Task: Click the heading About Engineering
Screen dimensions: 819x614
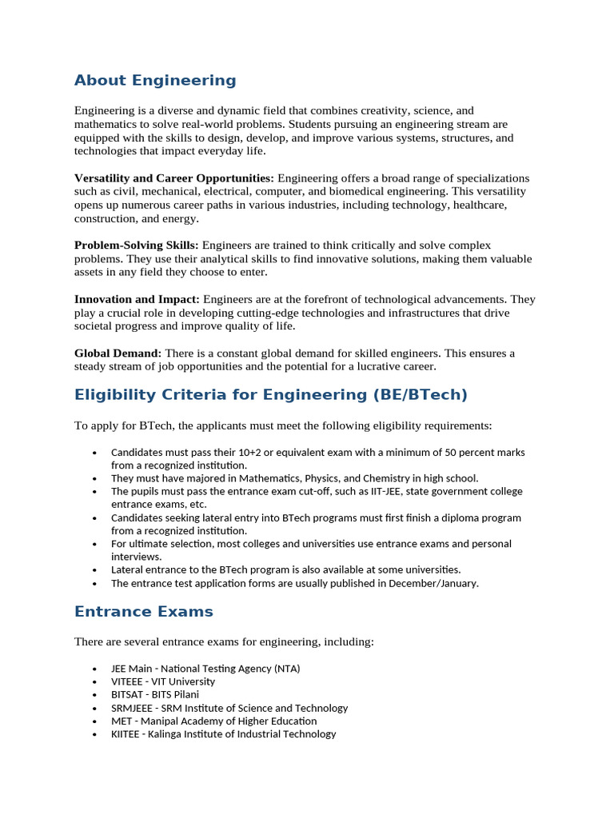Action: pyautogui.click(x=155, y=80)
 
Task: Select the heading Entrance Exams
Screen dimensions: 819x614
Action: pyautogui.click(x=144, y=612)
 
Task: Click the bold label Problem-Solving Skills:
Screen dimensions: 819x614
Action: pyautogui.click(x=137, y=245)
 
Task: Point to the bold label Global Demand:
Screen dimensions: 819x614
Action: pyautogui.click(x=118, y=353)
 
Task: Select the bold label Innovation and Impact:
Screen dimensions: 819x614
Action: pyautogui.click(x=137, y=299)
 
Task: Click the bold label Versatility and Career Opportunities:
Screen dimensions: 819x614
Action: pyautogui.click(x=173, y=178)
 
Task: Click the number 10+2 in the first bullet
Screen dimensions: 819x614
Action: pyautogui.click(x=248, y=452)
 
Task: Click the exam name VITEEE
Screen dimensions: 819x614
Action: pyautogui.click(x=128, y=681)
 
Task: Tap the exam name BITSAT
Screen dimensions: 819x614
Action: pyautogui.click(x=127, y=694)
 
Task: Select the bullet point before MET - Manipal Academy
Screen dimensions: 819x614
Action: pyautogui.click(x=94, y=721)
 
